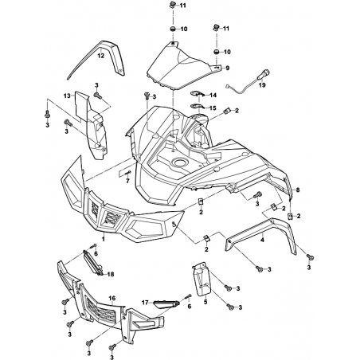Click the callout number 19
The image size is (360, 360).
click(262, 85)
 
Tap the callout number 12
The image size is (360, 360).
click(101, 56)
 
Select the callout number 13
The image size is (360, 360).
click(67, 96)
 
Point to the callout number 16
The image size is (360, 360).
click(112, 299)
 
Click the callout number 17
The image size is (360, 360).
click(145, 303)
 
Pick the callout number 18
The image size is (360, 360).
click(111, 274)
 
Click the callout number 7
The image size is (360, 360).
click(127, 181)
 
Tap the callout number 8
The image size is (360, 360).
click(298, 190)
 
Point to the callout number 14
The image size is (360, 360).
click(213, 95)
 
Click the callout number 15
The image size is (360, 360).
click(213, 108)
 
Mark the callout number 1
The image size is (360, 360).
click(104, 239)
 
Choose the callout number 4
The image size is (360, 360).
click(262, 240)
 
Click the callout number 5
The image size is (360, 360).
click(205, 302)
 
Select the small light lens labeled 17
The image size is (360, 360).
click(166, 304)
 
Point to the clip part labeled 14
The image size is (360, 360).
click(198, 94)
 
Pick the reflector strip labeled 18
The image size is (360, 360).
click(93, 262)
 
